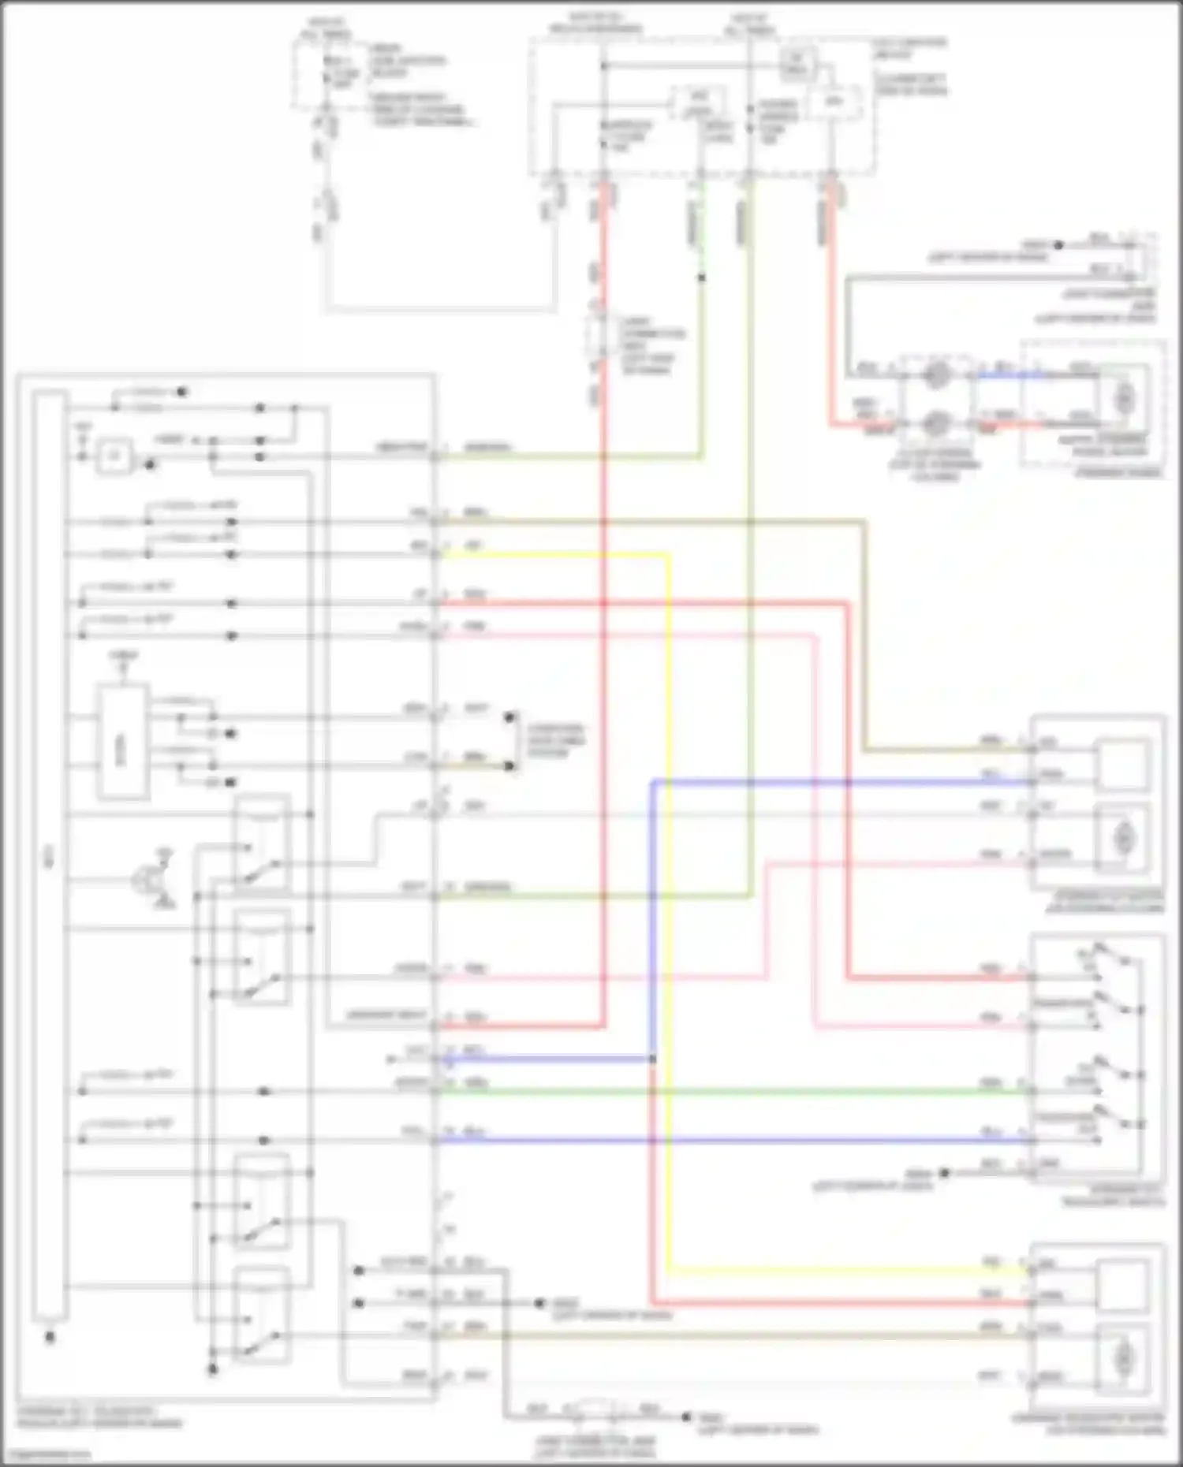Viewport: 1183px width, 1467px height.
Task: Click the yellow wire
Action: click(669, 907)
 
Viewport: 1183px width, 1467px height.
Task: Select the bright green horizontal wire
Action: click(710, 1092)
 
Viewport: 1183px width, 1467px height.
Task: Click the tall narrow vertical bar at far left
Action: click(49, 855)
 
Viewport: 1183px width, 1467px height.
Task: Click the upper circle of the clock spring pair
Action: click(936, 376)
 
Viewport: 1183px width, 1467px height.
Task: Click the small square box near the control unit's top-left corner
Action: click(114, 456)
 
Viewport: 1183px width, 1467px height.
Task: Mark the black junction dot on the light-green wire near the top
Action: click(701, 277)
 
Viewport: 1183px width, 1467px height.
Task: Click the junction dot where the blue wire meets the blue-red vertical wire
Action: click(653, 1059)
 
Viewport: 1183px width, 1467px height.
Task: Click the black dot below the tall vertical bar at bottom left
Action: click(50, 1338)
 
